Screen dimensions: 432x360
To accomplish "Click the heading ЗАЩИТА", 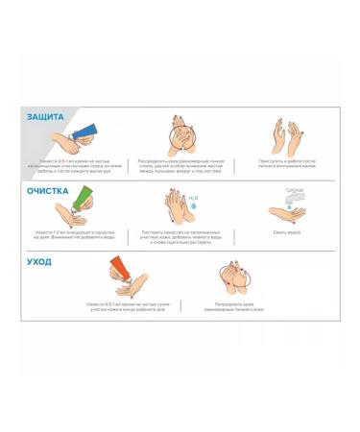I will (45, 116).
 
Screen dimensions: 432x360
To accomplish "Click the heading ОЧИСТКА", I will (47, 190).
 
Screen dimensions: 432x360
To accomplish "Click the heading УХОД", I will (39, 261).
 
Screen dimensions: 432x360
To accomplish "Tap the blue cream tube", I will (84, 131).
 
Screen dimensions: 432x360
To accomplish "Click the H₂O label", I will (193, 196).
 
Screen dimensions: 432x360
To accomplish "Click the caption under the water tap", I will (286, 231).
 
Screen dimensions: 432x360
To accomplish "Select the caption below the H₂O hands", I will (181, 236).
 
